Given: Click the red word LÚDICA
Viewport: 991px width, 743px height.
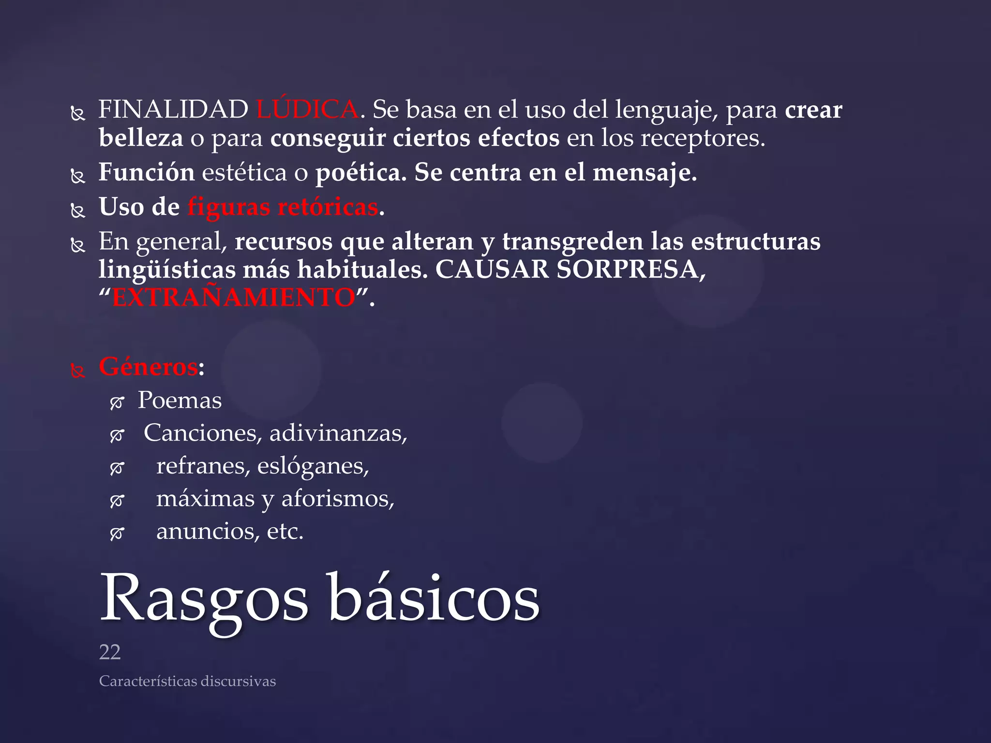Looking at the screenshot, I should click(x=307, y=109).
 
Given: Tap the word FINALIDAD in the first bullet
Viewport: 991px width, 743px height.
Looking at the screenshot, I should click(x=173, y=109).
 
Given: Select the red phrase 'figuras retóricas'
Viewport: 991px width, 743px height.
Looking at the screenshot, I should click(x=283, y=207).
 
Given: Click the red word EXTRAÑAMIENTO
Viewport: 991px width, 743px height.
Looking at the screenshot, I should click(x=234, y=297).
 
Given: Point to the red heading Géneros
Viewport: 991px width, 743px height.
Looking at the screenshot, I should click(x=148, y=366).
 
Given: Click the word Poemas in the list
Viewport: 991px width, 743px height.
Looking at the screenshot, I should click(x=180, y=401).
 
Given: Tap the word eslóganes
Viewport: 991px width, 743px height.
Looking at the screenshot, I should click(x=313, y=466).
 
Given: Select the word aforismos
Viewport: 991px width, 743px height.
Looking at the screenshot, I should click(x=337, y=499).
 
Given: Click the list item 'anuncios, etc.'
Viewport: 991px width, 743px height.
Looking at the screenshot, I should click(x=229, y=532).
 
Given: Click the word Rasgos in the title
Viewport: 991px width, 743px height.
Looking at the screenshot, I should click(x=203, y=600).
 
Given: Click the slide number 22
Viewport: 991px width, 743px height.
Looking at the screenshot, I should click(x=110, y=653).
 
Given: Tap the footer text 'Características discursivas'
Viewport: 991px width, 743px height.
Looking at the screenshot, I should click(x=187, y=681).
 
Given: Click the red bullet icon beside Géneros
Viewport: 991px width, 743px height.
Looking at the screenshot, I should click(x=78, y=371).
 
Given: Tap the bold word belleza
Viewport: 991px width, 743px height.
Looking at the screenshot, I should click(x=141, y=138).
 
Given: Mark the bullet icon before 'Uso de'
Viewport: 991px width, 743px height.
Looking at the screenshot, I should click(x=78, y=211).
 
